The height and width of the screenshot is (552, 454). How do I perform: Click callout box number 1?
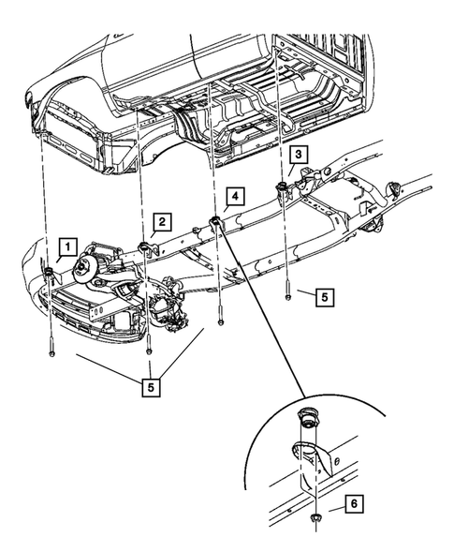(66, 246)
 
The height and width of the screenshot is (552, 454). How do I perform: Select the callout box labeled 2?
(161, 221)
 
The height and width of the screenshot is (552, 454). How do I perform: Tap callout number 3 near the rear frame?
(297, 155)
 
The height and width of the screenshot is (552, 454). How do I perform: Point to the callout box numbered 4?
(234, 197)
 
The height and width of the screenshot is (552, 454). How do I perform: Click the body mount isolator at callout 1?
(48, 272)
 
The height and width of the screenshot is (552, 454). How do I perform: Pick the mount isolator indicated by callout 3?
(281, 190)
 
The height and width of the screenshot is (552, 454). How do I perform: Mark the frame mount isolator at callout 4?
(214, 221)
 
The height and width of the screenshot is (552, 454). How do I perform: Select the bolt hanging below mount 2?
(149, 350)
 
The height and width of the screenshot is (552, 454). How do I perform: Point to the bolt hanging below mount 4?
(220, 321)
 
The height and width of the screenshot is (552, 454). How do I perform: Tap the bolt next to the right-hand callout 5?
(287, 294)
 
